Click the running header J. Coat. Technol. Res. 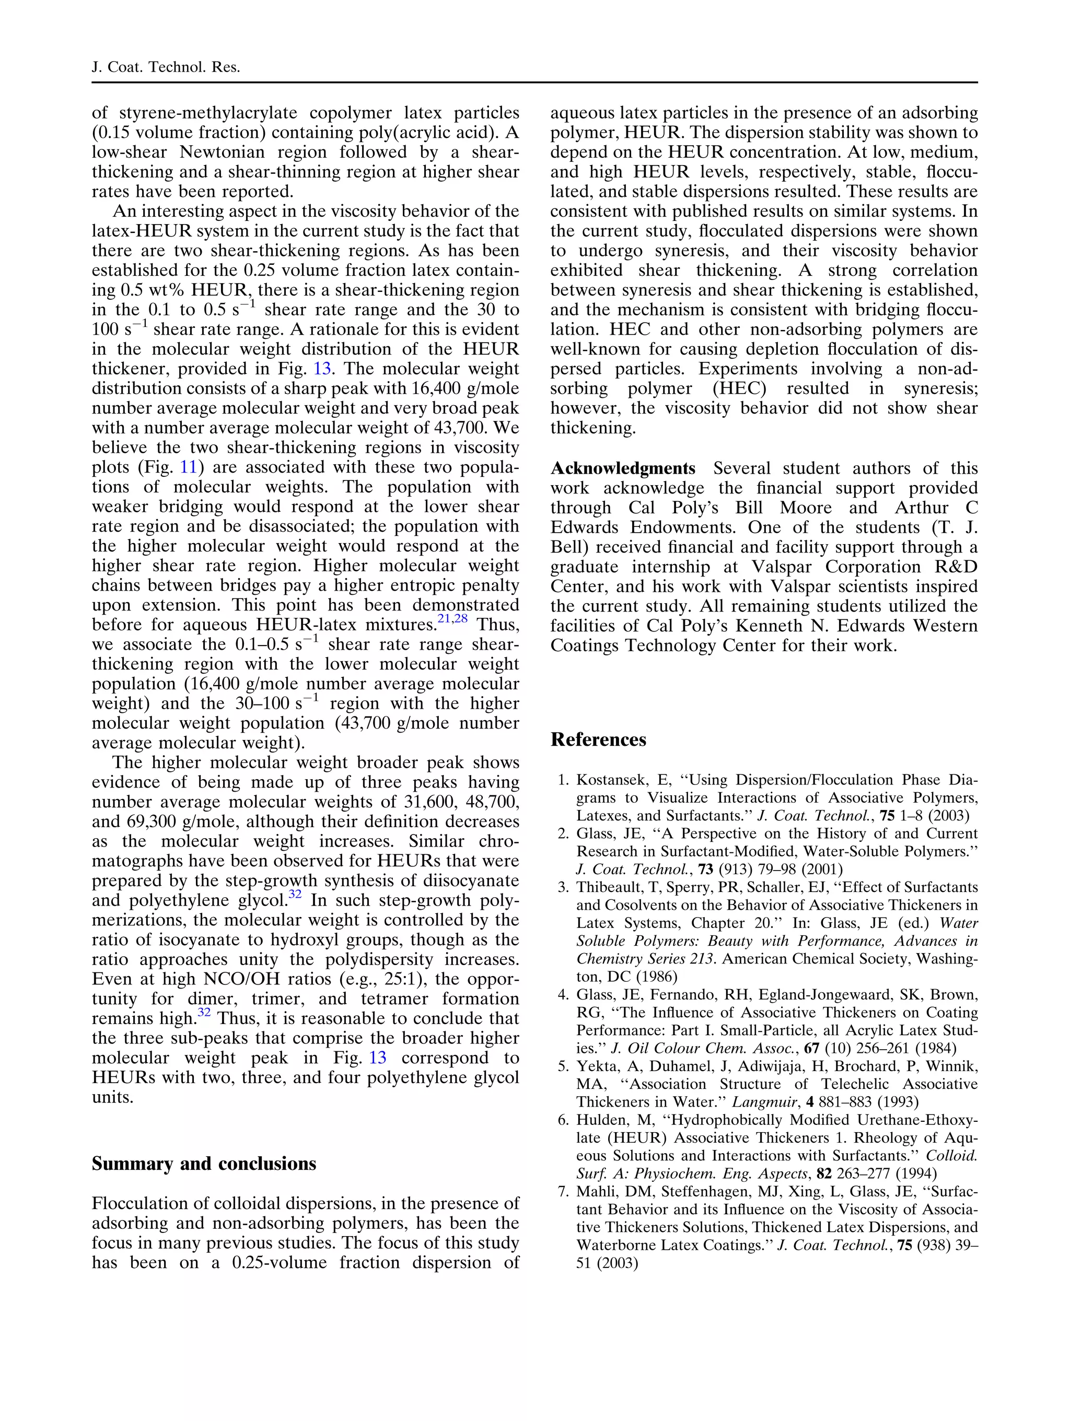(x=166, y=67)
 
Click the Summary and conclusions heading (x=204, y=1164)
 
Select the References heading (x=598, y=739)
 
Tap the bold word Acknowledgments (x=623, y=468)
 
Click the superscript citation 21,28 (x=452, y=619)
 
